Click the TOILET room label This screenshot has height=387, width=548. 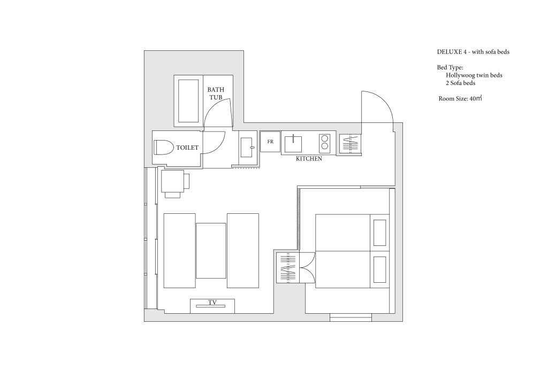pos(187,148)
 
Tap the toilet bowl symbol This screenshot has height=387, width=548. pos(164,148)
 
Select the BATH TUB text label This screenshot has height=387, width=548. pos(216,94)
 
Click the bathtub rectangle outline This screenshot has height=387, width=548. pos(189,101)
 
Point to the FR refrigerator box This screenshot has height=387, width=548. pos(270,141)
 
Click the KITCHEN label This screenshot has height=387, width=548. pos(309,159)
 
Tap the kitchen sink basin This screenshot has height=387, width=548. pos(293,144)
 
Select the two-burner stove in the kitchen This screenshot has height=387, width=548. pos(325,142)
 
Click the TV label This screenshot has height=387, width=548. pos(212,302)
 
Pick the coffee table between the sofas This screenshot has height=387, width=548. pos(211,251)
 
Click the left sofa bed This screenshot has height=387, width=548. pos(180,251)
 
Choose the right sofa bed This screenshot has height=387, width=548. pos(243,251)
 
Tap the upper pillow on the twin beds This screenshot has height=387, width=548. pos(380,233)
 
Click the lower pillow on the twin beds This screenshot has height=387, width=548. pos(380,269)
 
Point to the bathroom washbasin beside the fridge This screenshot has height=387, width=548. pos(247,147)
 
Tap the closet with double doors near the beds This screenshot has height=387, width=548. pos(287,268)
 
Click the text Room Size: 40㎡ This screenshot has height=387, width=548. pos(460,98)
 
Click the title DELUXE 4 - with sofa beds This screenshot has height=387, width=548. pos(473,52)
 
